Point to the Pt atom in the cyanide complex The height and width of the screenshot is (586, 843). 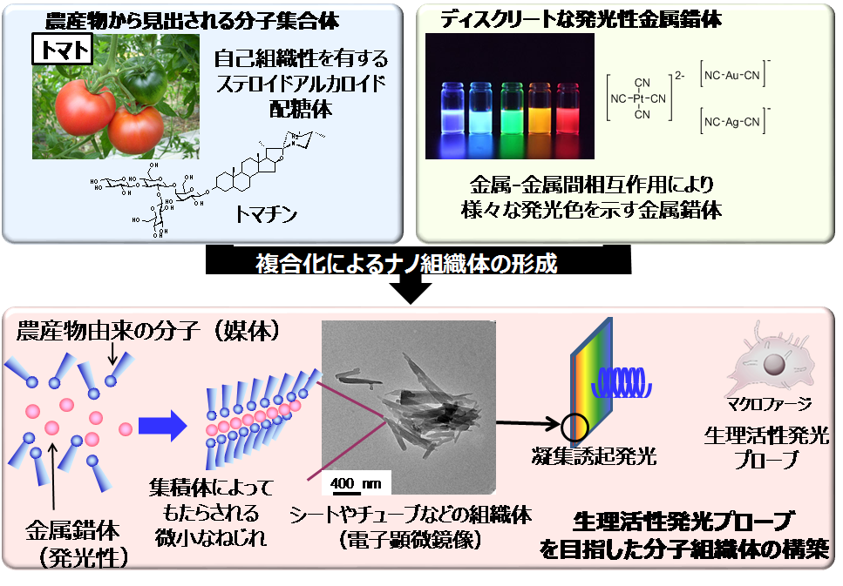(x=642, y=98)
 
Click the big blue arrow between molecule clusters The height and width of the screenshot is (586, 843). (x=166, y=426)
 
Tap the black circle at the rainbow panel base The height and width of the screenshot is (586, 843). (x=574, y=427)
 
